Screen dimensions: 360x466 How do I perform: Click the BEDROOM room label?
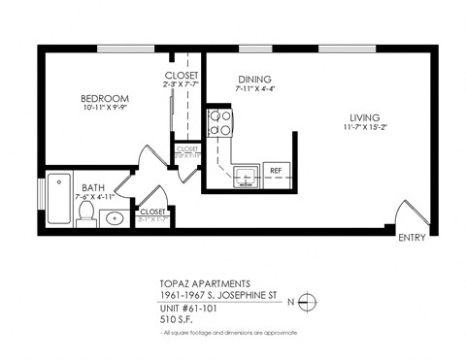point(104,99)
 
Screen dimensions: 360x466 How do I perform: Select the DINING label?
point(253,79)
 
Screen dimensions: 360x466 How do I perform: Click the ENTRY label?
point(412,237)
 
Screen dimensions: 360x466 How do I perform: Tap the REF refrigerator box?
point(275,171)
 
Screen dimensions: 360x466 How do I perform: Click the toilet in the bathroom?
point(84,215)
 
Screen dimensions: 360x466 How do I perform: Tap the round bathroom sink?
point(113,217)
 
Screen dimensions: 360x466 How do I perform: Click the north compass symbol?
point(306,302)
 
